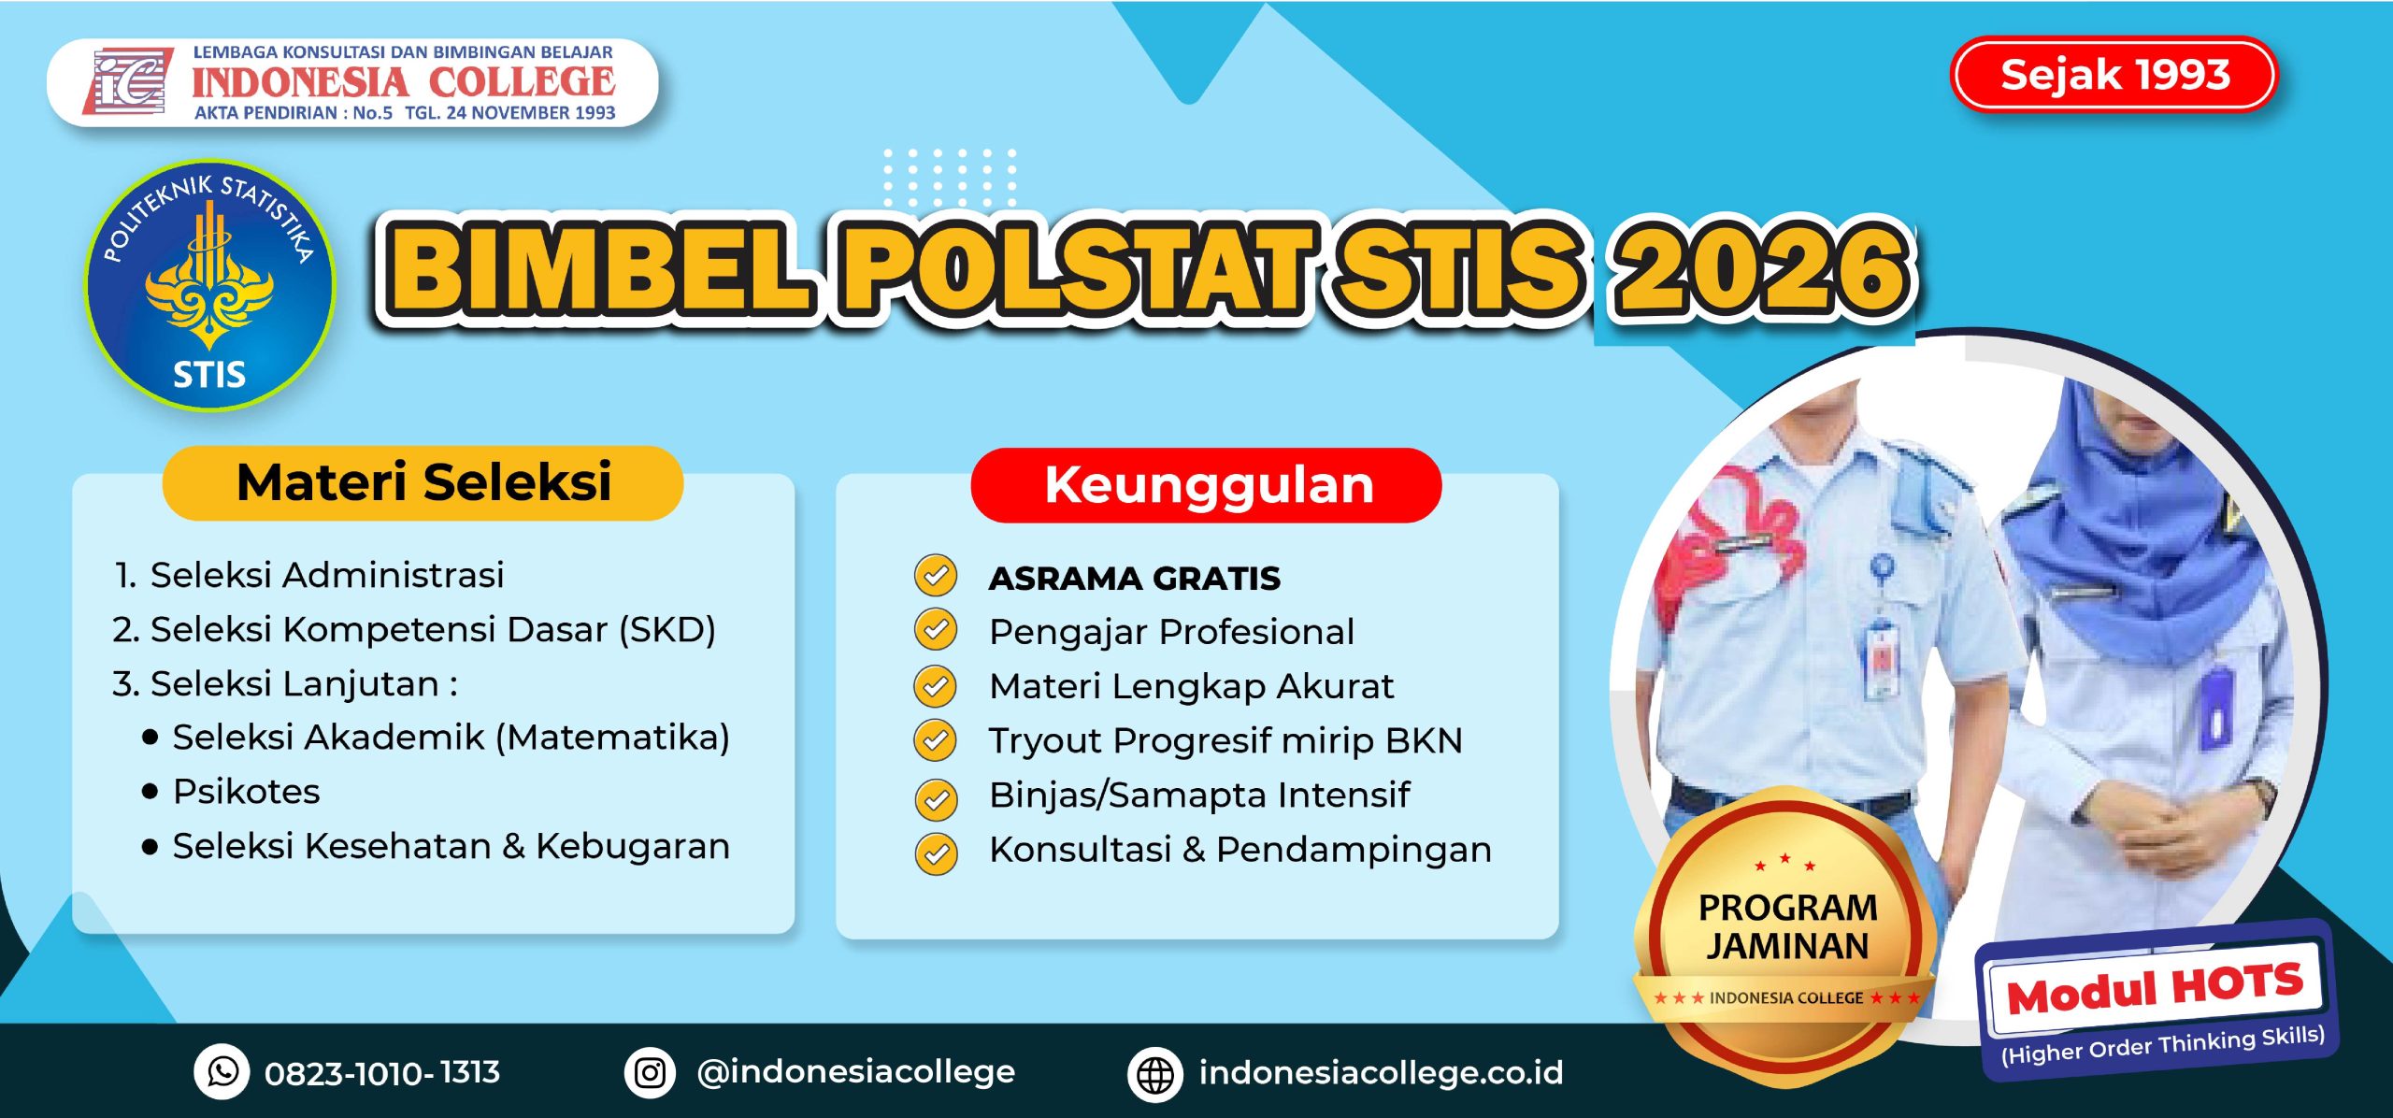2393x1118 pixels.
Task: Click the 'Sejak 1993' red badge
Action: [2114, 75]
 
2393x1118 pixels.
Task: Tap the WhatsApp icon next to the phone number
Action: [222, 1071]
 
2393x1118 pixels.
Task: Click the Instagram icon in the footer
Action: [651, 1071]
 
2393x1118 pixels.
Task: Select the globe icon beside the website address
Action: [1155, 1074]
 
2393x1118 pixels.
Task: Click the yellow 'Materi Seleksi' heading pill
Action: [423, 483]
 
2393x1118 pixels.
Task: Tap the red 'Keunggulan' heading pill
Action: [1207, 485]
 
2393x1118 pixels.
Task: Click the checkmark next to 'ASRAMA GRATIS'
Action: [935, 576]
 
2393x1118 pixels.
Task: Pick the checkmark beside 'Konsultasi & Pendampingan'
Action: [936, 853]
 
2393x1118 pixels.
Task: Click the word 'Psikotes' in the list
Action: [246, 792]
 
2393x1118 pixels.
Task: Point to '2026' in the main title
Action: [1762, 271]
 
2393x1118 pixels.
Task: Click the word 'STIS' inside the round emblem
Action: [209, 375]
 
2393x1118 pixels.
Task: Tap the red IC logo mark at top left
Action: [129, 81]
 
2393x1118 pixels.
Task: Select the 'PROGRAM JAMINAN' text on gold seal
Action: [1787, 926]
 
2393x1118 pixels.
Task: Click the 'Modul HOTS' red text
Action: [2155, 989]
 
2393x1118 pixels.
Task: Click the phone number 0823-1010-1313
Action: [381, 1072]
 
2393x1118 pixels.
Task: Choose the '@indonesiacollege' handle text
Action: [855, 1071]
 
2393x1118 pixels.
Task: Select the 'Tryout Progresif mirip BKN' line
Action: [1225, 740]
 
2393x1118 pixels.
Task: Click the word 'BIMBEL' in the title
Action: [598, 271]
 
